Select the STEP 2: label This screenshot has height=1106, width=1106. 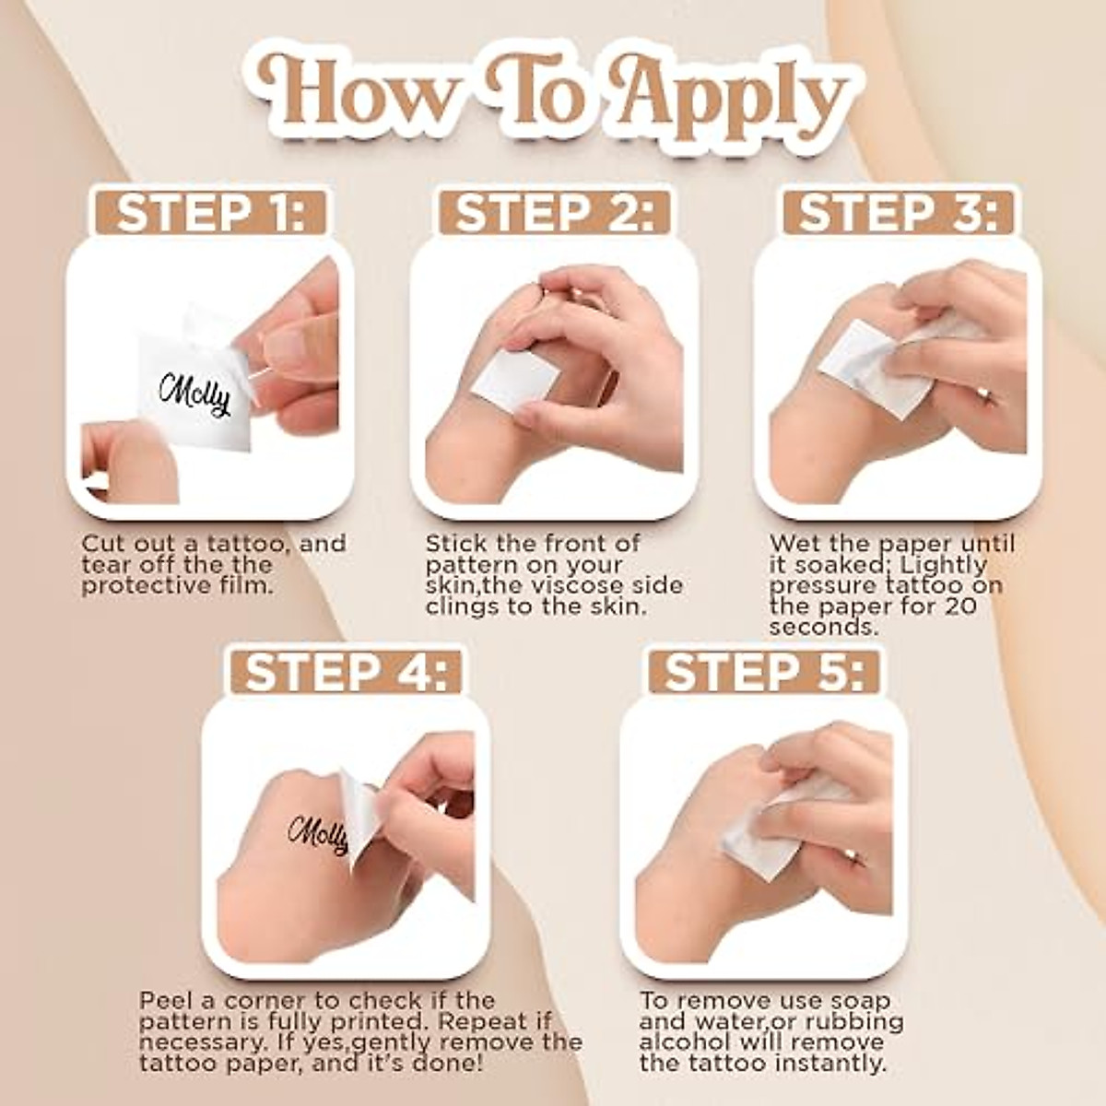click(x=554, y=214)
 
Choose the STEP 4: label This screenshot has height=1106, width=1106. click(x=347, y=673)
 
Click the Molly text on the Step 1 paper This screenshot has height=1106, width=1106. click(x=194, y=394)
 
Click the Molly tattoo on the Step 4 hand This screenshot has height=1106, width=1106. click(x=317, y=834)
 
